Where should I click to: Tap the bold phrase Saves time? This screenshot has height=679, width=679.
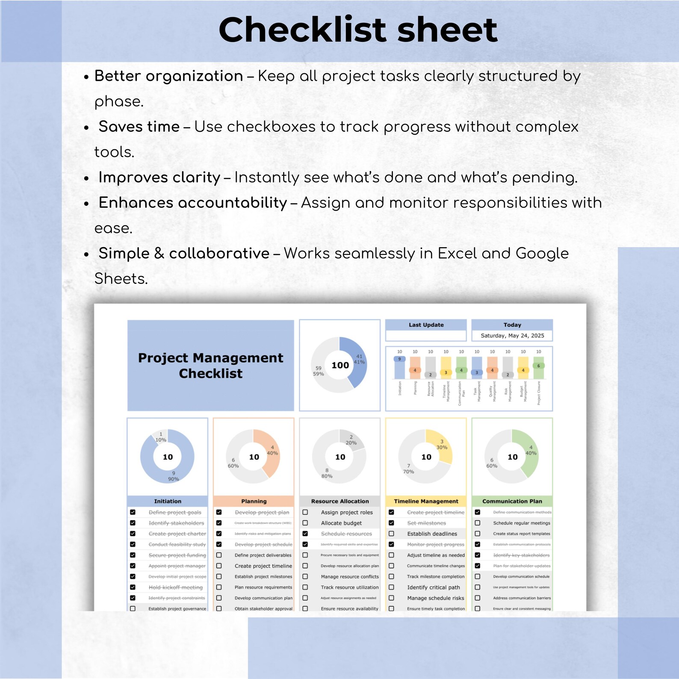[x=139, y=127]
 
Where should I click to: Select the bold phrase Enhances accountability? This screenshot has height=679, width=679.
[x=193, y=203]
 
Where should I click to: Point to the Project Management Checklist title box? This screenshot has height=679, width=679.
[x=210, y=365]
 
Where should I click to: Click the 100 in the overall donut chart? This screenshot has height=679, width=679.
[x=340, y=365]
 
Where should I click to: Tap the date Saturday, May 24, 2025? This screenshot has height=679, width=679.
[x=512, y=336]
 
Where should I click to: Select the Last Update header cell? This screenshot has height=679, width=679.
[x=426, y=325]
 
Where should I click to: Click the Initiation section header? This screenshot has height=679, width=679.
[x=168, y=501]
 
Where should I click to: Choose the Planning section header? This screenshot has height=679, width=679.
[x=254, y=501]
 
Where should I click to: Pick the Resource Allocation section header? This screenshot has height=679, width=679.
[x=340, y=501]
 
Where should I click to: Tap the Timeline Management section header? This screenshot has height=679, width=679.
[x=426, y=501]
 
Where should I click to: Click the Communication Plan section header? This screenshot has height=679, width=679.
[x=512, y=501]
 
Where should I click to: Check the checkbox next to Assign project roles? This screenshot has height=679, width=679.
[x=305, y=512]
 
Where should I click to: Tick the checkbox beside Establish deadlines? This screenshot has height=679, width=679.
[x=391, y=534]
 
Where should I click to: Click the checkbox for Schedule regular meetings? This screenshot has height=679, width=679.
[x=478, y=523]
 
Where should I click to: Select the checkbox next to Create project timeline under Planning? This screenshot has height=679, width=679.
[x=219, y=566]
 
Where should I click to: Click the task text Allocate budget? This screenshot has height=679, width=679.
[x=341, y=523]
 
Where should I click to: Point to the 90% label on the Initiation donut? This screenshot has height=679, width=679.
[x=173, y=479]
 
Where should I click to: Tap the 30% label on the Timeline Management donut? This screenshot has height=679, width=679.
[x=442, y=447]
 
